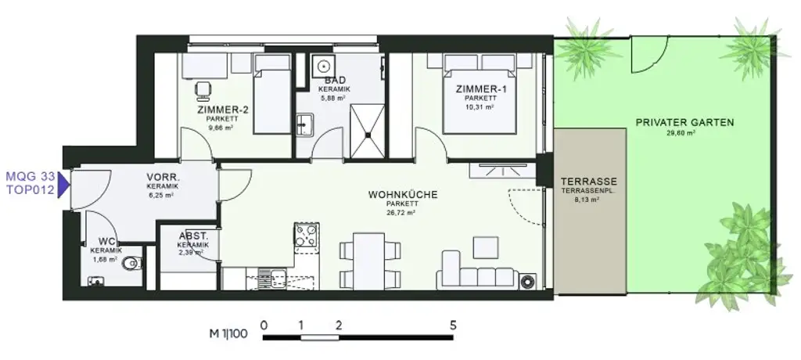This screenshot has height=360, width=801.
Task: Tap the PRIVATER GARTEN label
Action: (x=684, y=122)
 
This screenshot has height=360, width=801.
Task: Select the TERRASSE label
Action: (x=590, y=181)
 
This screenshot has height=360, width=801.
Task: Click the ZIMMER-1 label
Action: (x=480, y=89)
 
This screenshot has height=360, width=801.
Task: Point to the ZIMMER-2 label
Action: (x=223, y=110)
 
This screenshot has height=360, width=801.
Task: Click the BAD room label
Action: (x=335, y=81)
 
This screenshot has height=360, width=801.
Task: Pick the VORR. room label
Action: (x=163, y=177)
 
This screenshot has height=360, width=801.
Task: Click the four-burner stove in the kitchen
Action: (x=306, y=235)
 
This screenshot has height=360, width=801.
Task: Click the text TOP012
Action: (x=29, y=190)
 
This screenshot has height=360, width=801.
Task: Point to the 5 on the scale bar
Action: (x=453, y=324)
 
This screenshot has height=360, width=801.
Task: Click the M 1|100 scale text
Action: (x=228, y=333)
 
